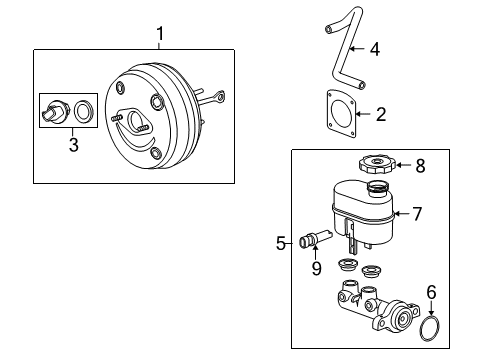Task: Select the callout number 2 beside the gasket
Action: tap(380, 114)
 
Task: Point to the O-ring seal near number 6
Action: tap(432, 327)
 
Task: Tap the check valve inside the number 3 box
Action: tap(54, 110)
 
